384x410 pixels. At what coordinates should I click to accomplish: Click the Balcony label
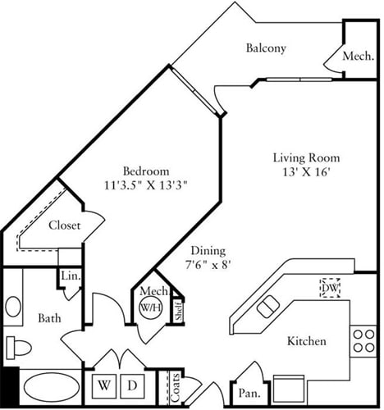[x=266, y=48]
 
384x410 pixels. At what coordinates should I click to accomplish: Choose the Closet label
[x=64, y=225]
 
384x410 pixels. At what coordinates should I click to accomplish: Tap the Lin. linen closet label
[x=69, y=277]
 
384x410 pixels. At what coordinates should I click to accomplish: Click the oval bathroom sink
[x=13, y=307]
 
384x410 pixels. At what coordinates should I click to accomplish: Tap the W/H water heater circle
[x=149, y=308]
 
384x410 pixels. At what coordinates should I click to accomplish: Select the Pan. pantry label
[x=248, y=392]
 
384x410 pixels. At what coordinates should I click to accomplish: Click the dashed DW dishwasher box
[x=330, y=289]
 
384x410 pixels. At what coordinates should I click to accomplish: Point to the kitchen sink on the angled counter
[x=268, y=307]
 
